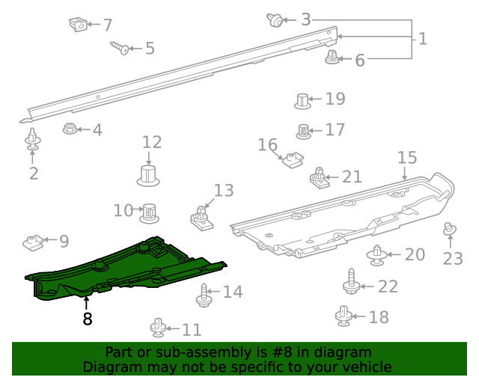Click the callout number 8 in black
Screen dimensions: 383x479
pyautogui.click(x=88, y=319)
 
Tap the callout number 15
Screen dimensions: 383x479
pyautogui.click(x=406, y=158)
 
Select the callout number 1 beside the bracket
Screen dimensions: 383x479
pyautogui.click(x=423, y=39)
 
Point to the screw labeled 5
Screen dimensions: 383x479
pyautogui.click(x=119, y=48)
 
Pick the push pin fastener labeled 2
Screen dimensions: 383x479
pyautogui.click(x=33, y=141)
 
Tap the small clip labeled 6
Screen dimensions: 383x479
pyautogui.click(x=332, y=56)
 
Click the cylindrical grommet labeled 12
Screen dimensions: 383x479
pyautogui.click(x=149, y=177)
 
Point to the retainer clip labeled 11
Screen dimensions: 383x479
pyautogui.click(x=158, y=327)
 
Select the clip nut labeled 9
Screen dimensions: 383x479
pyautogui.click(x=31, y=242)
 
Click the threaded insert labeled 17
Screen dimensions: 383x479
pyautogui.click(x=304, y=131)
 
